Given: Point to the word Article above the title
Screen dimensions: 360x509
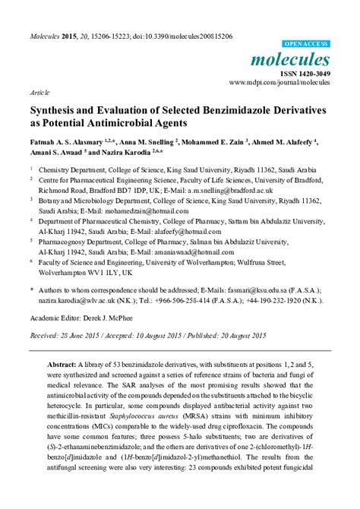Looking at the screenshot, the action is coord(39,90).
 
